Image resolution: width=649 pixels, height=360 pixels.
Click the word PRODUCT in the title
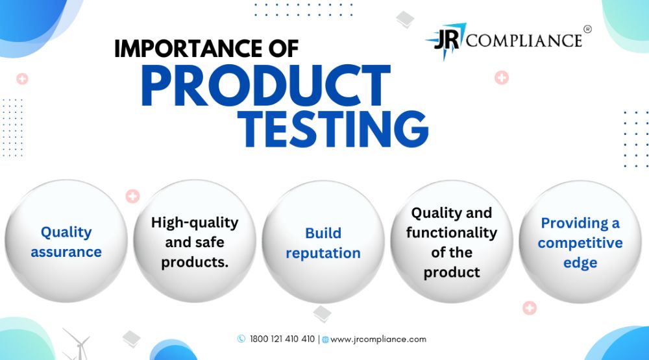tap(265, 86)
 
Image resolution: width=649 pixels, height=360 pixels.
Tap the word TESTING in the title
tap(333, 129)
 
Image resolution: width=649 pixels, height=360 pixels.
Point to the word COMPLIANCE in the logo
tap(524, 41)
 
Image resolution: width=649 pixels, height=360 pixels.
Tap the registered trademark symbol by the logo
tap(587, 29)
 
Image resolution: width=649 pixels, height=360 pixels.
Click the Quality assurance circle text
tap(66, 242)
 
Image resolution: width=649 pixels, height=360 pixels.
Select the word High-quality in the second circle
tap(195, 223)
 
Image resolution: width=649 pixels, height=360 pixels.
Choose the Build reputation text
tap(323, 243)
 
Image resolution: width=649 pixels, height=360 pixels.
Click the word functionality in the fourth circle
tap(452, 233)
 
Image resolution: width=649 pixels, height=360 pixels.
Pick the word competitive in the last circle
tap(580, 243)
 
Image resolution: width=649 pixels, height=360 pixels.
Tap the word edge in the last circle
tap(580, 263)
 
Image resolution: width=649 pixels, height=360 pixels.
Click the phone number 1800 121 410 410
tap(282, 339)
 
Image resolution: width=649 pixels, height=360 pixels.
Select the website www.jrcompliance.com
tap(378, 339)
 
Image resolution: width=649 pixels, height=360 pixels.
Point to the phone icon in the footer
tap(241, 339)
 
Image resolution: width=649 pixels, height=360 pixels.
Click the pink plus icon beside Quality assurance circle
tap(132, 196)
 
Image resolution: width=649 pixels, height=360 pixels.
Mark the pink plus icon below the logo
tap(502, 77)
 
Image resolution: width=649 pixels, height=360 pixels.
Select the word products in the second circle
tap(195, 262)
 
